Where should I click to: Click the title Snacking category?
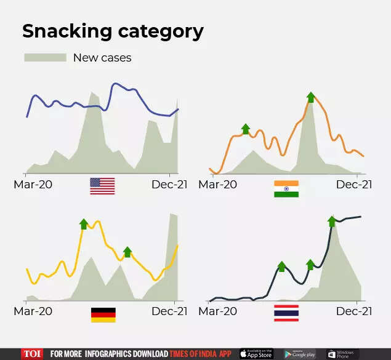point(113,31)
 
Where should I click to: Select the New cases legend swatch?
point(45,58)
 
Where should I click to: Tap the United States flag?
point(102,186)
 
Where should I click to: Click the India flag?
point(286,189)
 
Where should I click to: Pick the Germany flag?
point(103,314)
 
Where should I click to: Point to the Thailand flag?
point(286,313)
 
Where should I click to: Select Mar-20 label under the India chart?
point(217,185)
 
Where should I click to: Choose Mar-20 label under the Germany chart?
point(31,311)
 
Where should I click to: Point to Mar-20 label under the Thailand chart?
point(217,311)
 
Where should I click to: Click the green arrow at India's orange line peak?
point(311,97)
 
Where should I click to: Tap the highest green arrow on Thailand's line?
point(332,221)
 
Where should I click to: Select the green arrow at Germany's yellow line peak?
point(84,223)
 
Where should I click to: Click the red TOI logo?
point(33,354)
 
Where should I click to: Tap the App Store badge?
point(256,354)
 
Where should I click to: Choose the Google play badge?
point(299,354)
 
